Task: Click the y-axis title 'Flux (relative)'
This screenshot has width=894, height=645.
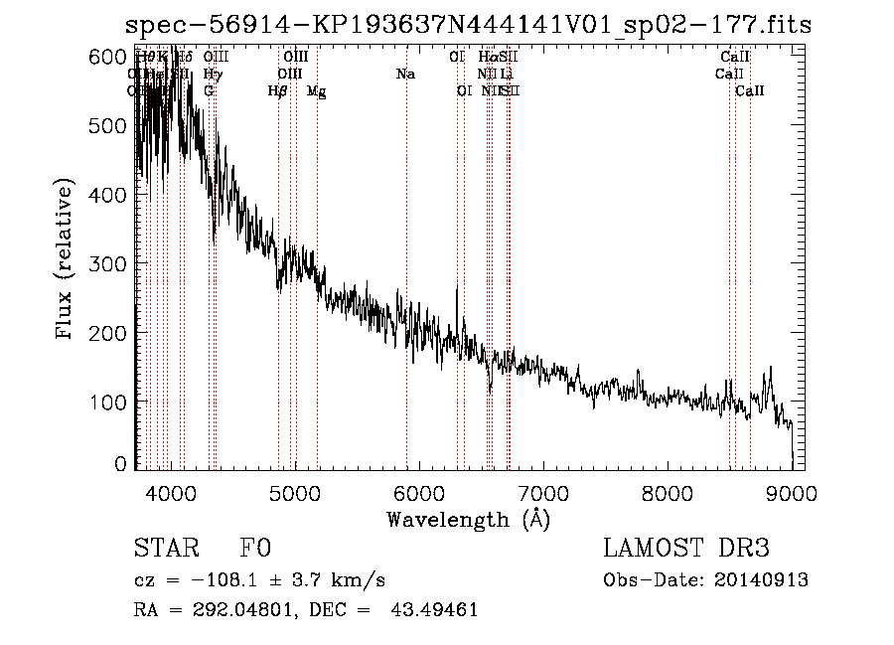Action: (x=66, y=261)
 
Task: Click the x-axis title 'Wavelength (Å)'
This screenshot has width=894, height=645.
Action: (x=468, y=519)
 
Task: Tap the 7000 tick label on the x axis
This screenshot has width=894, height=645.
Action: (x=543, y=492)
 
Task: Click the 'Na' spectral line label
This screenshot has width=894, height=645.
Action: (x=405, y=75)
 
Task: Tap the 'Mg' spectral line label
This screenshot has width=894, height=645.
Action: (x=316, y=91)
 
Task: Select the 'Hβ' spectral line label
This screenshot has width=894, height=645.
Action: (x=278, y=91)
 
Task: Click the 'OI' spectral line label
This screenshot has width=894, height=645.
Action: (x=463, y=91)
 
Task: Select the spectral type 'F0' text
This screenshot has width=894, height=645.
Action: (x=255, y=550)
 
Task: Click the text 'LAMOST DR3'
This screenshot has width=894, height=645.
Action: (x=685, y=550)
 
